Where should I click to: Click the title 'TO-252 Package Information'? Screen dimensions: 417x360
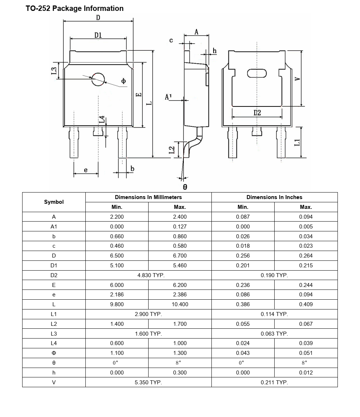coord(74,8)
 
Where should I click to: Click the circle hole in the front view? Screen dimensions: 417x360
coord(98,79)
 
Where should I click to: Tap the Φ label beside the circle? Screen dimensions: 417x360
coord(124,81)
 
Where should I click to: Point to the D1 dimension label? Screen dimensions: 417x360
coord(98,35)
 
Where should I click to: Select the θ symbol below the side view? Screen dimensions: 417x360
coord(185,187)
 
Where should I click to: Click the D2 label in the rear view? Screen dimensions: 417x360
coord(257,113)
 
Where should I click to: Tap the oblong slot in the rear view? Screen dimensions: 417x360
coord(257,73)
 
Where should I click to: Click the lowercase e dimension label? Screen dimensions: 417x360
coord(86,170)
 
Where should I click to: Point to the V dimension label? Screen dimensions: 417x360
coord(297,79)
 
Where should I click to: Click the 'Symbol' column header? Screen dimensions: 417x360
coord(54,202)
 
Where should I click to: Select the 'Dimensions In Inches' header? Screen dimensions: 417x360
coord(274,197)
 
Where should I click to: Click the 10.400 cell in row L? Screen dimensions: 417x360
coord(180,304)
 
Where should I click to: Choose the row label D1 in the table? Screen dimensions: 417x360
coord(54,266)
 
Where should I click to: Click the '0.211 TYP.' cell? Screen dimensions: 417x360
coord(274,382)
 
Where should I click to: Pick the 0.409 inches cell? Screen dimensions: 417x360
coord(306,304)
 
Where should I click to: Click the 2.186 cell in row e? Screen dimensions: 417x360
coord(117,295)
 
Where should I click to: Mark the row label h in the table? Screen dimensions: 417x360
coord(54,372)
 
